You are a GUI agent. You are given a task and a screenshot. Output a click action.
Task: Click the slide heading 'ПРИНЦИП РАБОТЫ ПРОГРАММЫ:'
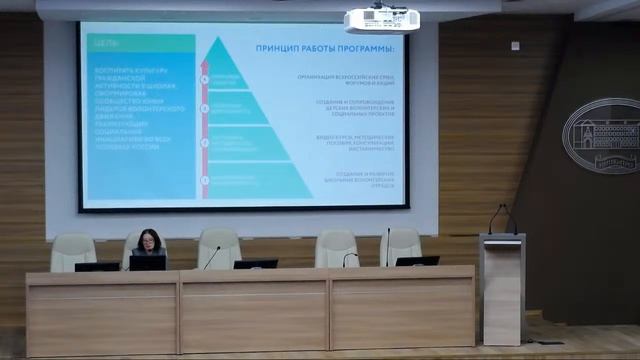tap(325, 48)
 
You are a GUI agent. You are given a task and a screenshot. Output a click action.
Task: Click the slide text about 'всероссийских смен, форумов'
tap(345, 77)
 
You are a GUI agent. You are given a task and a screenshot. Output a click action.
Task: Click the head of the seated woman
tap(149, 239)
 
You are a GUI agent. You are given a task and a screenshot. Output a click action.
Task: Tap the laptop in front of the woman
tap(147, 263)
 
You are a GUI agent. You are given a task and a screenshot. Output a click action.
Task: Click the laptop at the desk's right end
tap(416, 261)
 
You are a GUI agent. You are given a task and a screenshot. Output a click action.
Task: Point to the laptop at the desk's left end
tap(97, 266)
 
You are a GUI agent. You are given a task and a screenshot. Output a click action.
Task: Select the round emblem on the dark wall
tap(601, 136)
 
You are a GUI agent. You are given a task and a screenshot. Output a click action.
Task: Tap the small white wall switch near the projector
tap(515, 45)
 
